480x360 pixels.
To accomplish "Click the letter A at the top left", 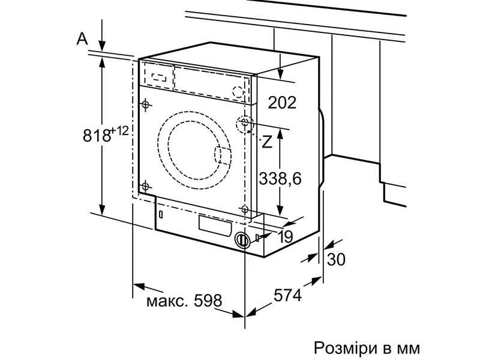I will (82, 39).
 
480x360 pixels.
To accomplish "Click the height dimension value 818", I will (97, 135).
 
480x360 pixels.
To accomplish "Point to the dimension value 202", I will (282, 103).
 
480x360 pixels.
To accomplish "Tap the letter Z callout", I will (268, 142).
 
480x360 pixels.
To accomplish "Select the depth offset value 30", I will (337, 259).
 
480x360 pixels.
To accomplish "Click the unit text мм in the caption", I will (407, 348).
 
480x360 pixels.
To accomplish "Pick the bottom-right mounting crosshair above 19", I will (244, 209).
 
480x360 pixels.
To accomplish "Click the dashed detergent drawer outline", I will (160, 77).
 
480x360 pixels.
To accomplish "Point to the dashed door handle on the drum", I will (223, 155).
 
